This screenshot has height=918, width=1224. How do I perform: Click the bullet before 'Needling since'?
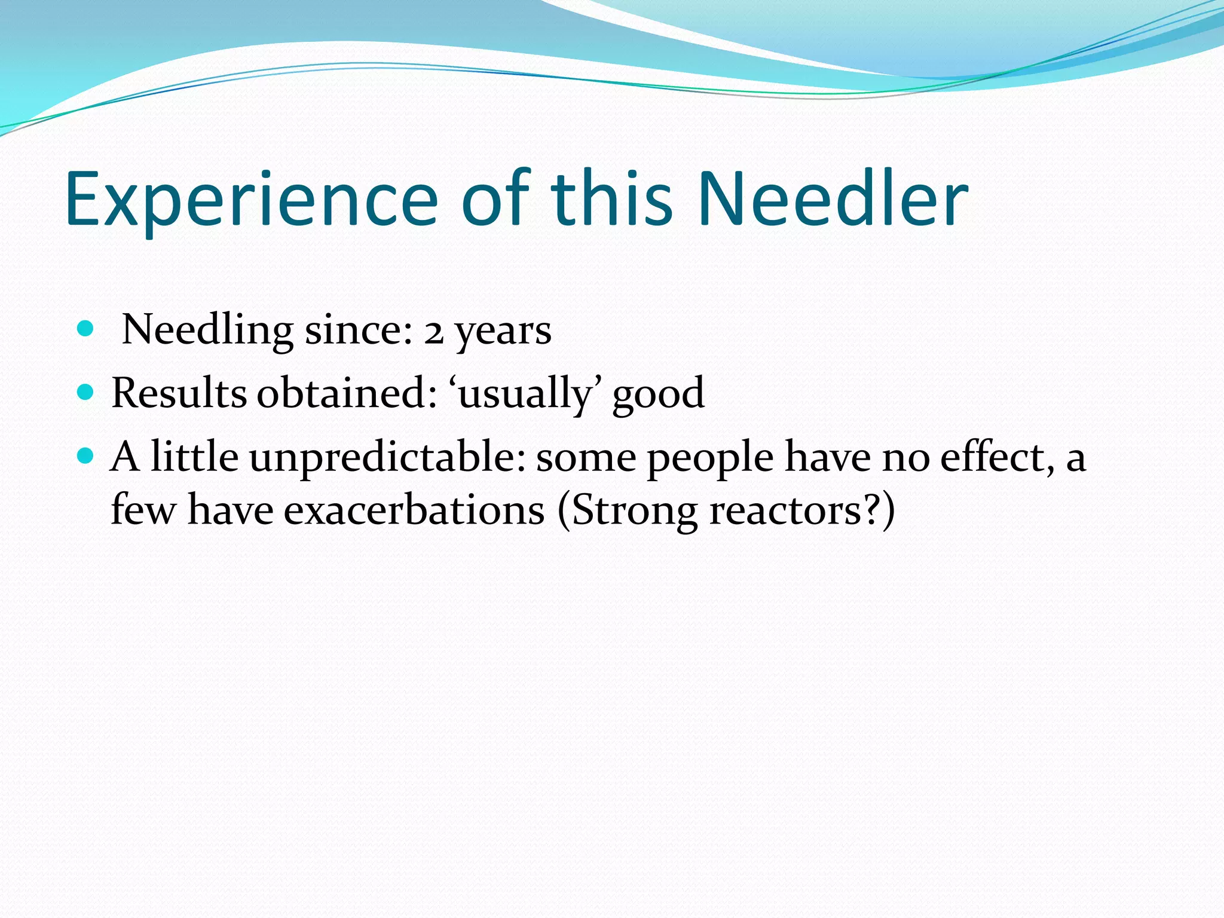point(86,328)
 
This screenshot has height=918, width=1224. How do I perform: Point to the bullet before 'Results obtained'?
point(86,393)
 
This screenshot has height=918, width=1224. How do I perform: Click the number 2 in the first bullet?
point(434,332)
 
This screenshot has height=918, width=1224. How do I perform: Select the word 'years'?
point(503,332)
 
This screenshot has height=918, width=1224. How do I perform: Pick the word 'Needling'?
point(207,331)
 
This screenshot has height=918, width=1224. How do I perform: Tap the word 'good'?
point(658,395)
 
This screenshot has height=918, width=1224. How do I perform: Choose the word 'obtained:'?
point(347,394)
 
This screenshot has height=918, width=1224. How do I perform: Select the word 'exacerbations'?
point(414,512)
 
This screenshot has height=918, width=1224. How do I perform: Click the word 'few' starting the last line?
point(143,512)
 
